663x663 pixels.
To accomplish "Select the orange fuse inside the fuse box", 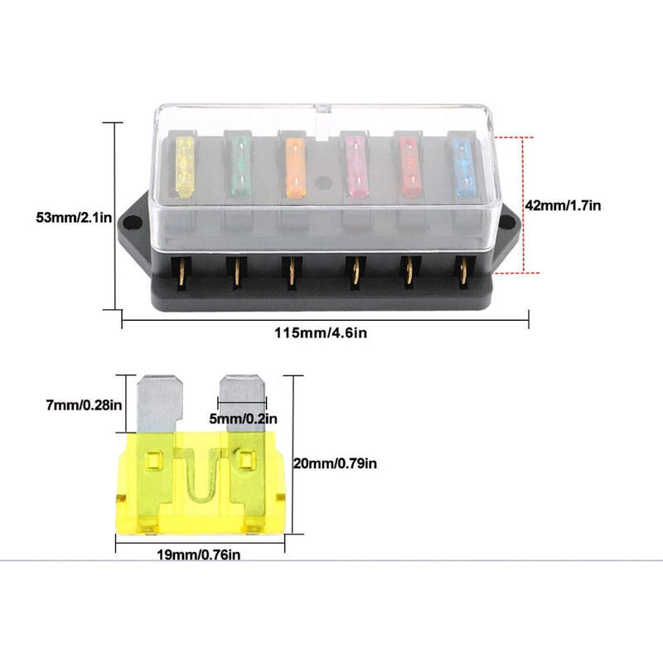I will click(296, 165).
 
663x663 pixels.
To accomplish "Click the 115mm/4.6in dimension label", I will click(322, 335).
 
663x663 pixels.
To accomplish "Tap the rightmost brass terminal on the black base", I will click(462, 272).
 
